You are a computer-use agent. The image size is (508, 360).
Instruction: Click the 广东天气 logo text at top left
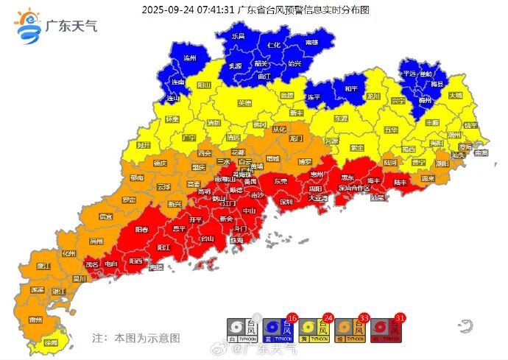(71, 27)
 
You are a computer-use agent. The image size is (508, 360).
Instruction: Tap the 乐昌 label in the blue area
(238, 35)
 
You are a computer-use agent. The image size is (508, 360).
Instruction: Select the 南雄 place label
(311, 43)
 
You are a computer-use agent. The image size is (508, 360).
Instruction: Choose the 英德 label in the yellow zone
(244, 103)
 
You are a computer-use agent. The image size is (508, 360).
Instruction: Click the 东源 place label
(340, 118)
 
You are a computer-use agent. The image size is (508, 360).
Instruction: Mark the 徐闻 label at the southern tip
(51, 343)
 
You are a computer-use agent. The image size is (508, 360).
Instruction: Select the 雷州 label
(35, 320)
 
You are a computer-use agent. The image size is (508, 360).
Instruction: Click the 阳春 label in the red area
(141, 230)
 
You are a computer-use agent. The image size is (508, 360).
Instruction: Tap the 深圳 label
(286, 201)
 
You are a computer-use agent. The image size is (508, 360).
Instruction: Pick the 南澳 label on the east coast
(481, 153)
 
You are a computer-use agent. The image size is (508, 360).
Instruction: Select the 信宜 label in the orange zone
(106, 216)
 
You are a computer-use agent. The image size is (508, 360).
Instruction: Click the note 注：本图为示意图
(135, 338)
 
